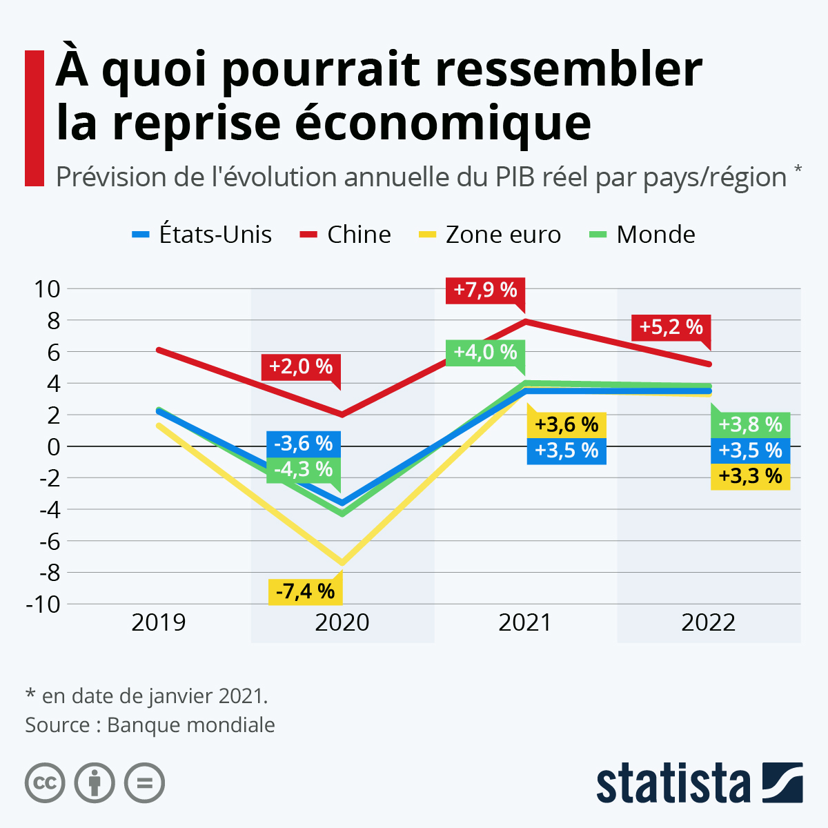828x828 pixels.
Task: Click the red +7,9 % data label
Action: pos(486,290)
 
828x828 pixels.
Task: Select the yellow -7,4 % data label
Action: pos(305,591)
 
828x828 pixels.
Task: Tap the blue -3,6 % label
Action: pos(304,443)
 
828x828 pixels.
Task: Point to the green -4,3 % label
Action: pos(304,470)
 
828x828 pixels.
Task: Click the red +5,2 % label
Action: pos(671,326)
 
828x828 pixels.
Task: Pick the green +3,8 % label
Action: pos(750,424)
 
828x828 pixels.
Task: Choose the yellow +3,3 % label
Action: pos(750,476)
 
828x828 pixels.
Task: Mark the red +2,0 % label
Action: pos(301,366)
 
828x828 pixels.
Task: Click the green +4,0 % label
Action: pos(485,352)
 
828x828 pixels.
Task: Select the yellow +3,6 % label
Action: pos(566,424)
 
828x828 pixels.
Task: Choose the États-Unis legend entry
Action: pos(202,235)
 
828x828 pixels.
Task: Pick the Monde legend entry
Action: pos(642,235)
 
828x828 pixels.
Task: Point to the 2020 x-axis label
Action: pos(342,622)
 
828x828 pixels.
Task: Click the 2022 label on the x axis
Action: pos(709,622)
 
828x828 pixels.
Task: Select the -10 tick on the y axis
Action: pos(43,604)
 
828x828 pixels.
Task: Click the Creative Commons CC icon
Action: pos(45,783)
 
